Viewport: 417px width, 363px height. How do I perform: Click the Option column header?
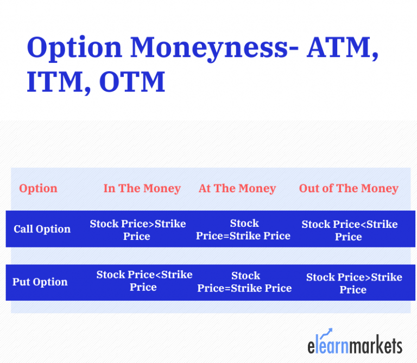[x=38, y=188]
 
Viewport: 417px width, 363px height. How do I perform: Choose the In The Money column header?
[x=142, y=188]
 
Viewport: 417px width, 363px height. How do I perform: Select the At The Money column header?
[x=237, y=188]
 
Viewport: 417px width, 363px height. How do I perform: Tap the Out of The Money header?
[x=349, y=188]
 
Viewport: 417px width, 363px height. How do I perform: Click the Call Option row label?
[x=42, y=229]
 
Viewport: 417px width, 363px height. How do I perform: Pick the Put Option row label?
[x=40, y=282]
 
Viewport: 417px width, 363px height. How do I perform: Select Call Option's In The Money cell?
[x=137, y=230]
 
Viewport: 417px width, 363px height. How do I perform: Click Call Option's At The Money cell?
[x=243, y=230]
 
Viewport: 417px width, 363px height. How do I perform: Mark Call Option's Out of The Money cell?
[x=349, y=230]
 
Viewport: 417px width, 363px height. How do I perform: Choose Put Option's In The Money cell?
[x=144, y=281]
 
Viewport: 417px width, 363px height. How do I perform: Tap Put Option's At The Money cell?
[x=244, y=282]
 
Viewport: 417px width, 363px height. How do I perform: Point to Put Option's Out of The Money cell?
[x=353, y=283]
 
